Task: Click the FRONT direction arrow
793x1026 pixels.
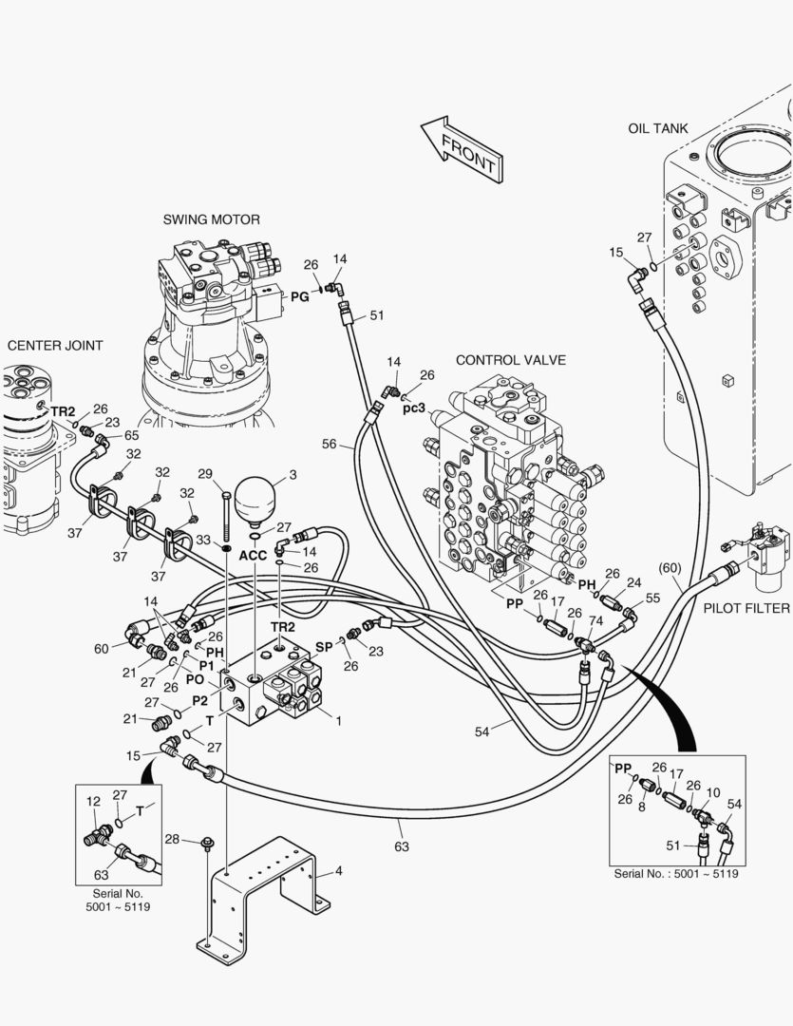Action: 463,149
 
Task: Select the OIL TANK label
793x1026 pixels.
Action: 658,128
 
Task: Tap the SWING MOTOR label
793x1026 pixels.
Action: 211,219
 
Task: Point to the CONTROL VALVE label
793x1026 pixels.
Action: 510,360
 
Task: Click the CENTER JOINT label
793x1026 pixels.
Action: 55,346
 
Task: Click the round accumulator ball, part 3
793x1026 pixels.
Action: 255,497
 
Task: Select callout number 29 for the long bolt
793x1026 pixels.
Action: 204,473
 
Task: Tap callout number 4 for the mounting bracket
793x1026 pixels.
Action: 339,870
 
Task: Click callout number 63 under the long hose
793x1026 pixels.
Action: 402,846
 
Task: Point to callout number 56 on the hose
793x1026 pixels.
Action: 330,444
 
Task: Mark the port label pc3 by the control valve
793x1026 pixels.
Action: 414,408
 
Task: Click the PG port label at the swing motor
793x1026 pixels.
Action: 299,297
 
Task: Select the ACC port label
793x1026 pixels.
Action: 253,555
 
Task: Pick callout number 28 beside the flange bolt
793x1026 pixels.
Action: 172,839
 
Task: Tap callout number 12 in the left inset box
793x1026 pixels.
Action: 93,802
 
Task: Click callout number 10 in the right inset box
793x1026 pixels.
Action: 714,792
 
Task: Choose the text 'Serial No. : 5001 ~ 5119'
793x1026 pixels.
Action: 676,873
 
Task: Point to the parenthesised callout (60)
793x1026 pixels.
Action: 670,568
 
